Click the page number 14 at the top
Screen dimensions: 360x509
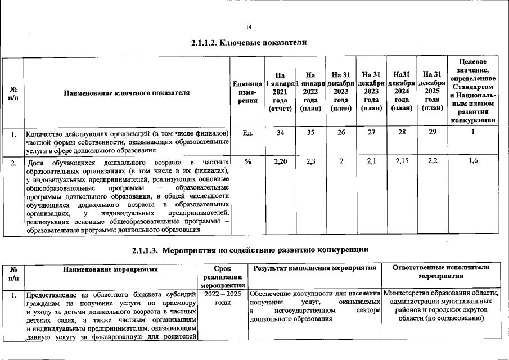pos(249,27)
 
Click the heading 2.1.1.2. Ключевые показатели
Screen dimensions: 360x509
pos(249,43)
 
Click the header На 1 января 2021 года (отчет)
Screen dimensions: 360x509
pos(280,92)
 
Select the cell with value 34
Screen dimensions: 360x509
pos(280,132)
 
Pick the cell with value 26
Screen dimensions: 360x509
pos(341,132)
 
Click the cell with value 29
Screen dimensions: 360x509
pos(431,132)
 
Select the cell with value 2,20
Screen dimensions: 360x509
pos(280,161)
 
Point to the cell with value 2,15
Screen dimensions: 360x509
pos(402,161)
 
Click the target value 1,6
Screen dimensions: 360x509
pos(473,161)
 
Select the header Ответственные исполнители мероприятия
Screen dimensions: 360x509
pos(440,272)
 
